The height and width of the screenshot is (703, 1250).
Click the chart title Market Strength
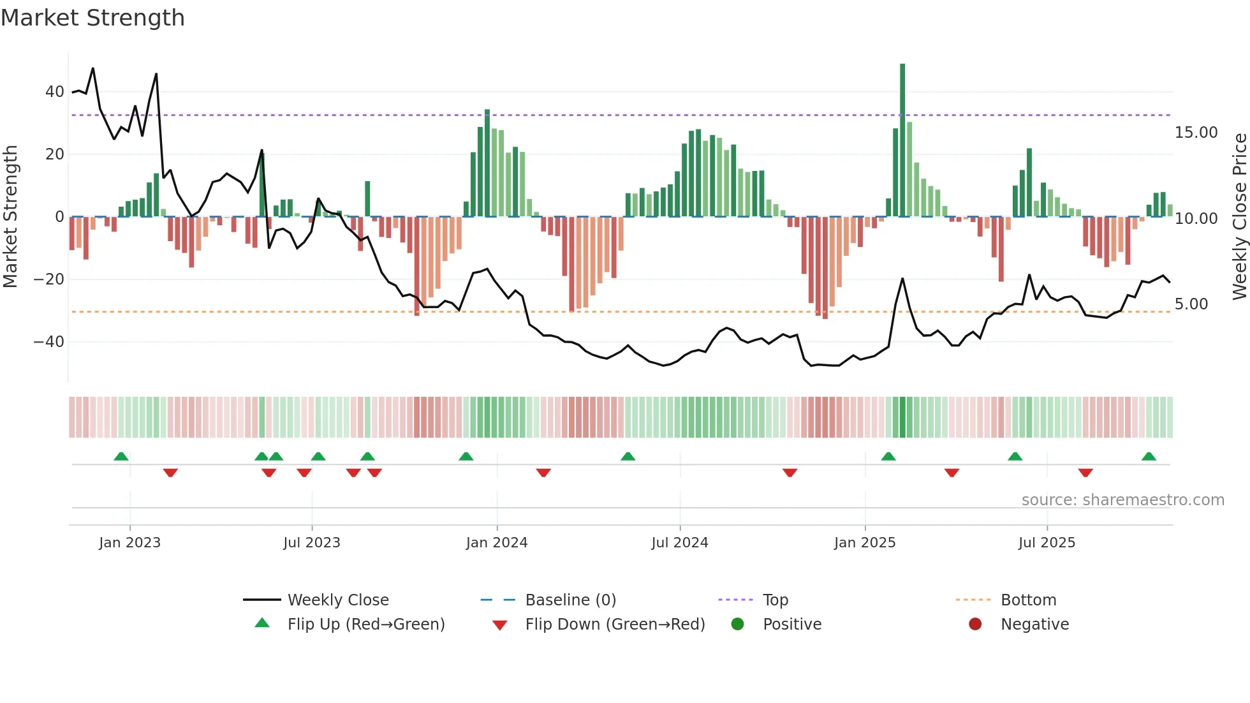pyautogui.click(x=92, y=18)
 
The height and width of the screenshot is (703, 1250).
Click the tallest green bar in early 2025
pyautogui.click(x=902, y=140)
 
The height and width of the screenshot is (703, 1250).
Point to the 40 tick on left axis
pyautogui.click(x=55, y=92)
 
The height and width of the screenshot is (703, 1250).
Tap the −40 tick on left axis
pyautogui.click(x=49, y=342)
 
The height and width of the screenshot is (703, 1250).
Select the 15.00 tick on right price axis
pyautogui.click(x=1196, y=133)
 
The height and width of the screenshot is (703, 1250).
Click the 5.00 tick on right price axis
pyautogui.click(x=1191, y=304)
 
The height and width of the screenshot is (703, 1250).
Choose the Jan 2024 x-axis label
pyautogui.click(x=497, y=543)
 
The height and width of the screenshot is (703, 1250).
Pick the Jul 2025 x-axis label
pyautogui.click(x=1047, y=543)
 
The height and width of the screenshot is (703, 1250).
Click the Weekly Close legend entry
pyautogui.click(x=337, y=600)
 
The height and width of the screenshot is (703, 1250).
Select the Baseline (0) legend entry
pyautogui.click(x=570, y=600)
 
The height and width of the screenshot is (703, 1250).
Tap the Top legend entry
pyautogui.click(x=776, y=600)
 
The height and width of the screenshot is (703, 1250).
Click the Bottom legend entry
pyautogui.click(x=1028, y=600)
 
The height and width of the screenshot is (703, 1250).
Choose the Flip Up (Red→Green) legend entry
pyautogui.click(x=365, y=625)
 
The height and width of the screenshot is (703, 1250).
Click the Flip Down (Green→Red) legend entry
pyautogui.click(x=615, y=625)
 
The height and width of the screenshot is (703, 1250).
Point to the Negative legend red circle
pyautogui.click(x=975, y=624)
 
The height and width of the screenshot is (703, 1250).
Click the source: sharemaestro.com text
pyautogui.click(x=1122, y=500)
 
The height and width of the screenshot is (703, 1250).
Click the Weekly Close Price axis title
pyautogui.click(x=1239, y=217)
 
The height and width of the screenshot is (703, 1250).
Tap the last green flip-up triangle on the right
pyautogui.click(x=1149, y=457)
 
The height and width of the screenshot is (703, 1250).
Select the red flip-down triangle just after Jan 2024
pyautogui.click(x=543, y=473)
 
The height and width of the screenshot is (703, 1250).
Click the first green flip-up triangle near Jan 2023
pyautogui.click(x=121, y=457)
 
